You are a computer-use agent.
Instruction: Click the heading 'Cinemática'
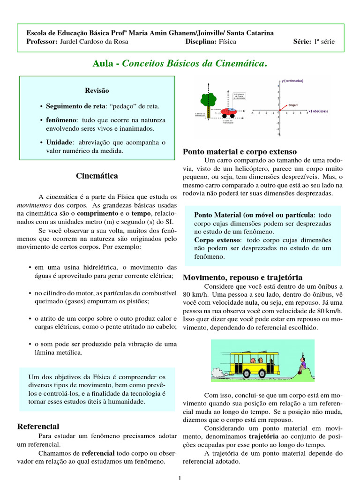97,176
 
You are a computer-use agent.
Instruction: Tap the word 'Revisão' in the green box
97,90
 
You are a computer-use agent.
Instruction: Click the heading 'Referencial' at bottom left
38,426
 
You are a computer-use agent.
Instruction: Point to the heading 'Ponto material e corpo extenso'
240,151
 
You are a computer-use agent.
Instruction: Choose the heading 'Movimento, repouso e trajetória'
242,277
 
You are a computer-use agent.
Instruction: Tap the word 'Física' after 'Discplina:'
227,42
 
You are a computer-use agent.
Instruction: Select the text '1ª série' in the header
324,42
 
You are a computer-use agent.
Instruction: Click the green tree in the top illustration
208,99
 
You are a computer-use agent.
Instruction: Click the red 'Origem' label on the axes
293,105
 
